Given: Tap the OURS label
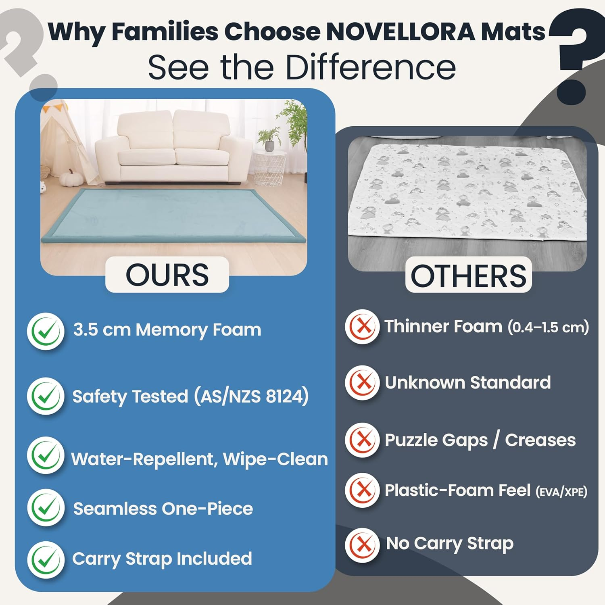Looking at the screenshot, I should click(x=167, y=275).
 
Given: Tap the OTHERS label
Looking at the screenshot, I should click(x=468, y=276).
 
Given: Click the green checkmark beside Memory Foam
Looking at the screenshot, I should click(x=46, y=331).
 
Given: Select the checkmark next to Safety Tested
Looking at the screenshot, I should click(x=46, y=396).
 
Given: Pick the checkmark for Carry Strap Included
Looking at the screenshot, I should click(x=46, y=560).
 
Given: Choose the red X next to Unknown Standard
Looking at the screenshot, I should click(x=362, y=382).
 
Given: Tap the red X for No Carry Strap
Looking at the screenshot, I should click(x=362, y=545).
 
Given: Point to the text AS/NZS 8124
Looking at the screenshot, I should click(x=251, y=396).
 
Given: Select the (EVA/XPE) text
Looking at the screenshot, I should click(x=561, y=492).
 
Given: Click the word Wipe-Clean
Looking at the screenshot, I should click(x=275, y=459).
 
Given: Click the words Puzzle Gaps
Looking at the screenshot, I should click(x=436, y=440).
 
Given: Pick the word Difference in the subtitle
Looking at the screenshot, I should click(x=371, y=67).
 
